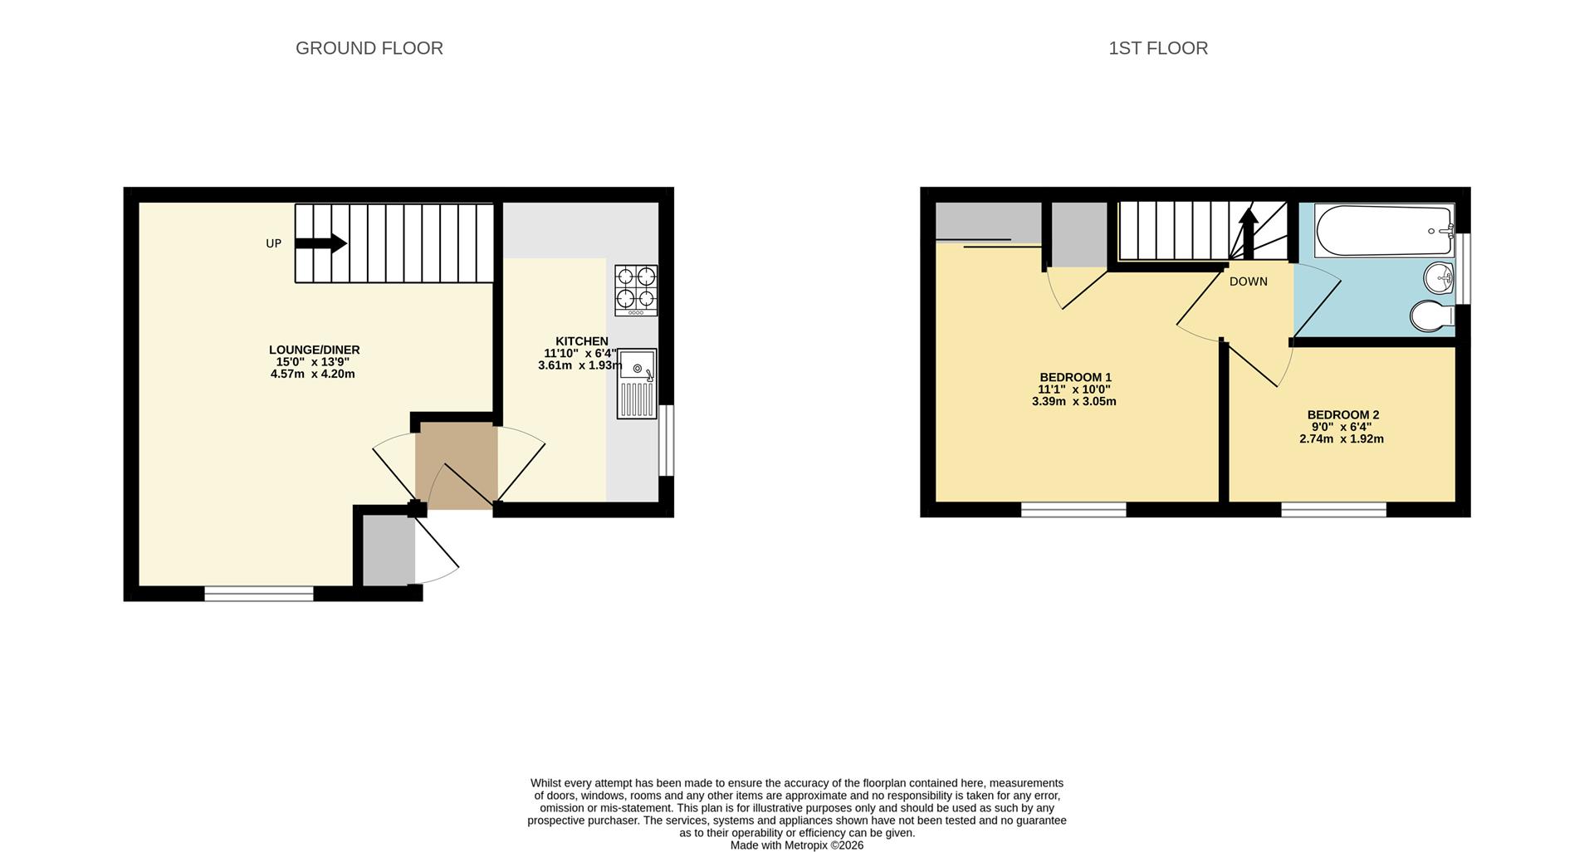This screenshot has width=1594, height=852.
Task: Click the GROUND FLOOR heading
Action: click(369, 48)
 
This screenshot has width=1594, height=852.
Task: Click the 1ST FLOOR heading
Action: click(1158, 48)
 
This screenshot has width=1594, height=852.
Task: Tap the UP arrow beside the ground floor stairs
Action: click(320, 243)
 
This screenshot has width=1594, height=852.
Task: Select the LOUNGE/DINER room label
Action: click(314, 350)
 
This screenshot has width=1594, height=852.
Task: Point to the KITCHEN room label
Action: click(581, 341)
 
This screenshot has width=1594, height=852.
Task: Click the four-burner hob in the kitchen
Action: click(636, 290)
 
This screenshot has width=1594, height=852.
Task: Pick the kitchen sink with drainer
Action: click(637, 383)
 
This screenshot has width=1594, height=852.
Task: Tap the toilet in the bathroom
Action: click(1431, 316)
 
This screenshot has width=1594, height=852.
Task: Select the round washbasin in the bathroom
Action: click(1438, 278)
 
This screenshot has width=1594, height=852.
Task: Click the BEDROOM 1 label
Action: click(1075, 377)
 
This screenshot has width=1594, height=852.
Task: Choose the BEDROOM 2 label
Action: click(1342, 415)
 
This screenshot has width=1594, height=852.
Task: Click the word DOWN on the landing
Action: click(1248, 282)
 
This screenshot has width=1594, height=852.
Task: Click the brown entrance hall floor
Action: click(456, 465)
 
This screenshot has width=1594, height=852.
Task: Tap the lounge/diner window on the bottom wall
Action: click(259, 593)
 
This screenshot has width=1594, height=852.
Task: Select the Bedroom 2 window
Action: click(1333, 509)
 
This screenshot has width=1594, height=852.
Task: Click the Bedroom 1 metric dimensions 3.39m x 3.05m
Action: click(1073, 402)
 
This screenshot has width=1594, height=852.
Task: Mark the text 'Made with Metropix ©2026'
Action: click(796, 845)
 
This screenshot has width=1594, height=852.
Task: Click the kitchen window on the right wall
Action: click(666, 440)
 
